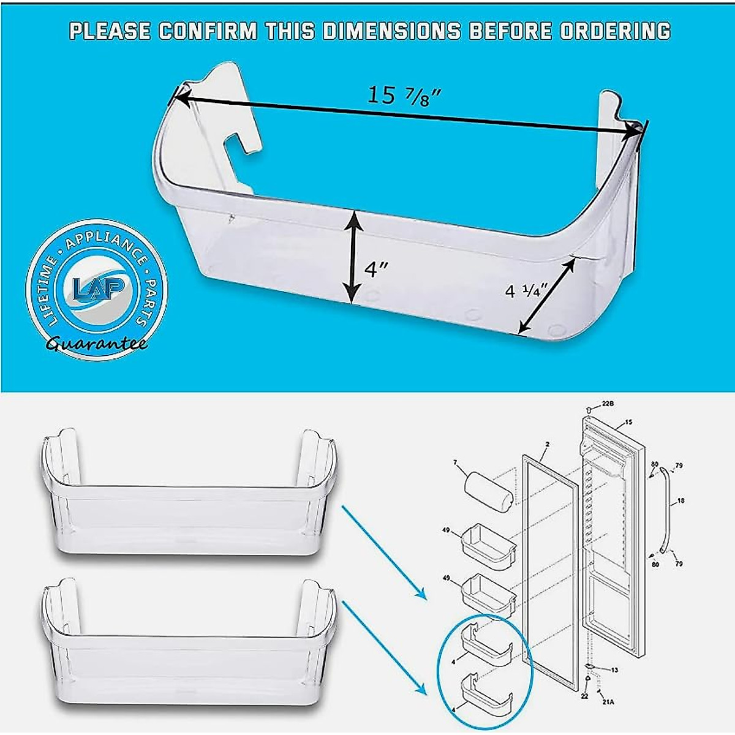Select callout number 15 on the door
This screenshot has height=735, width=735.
pyautogui.click(x=628, y=423)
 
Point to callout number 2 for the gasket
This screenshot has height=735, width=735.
pyautogui.click(x=547, y=444)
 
